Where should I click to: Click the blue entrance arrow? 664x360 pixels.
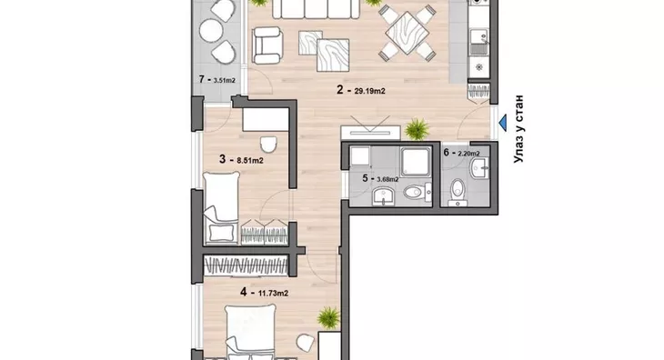pyautogui.click(x=503, y=123)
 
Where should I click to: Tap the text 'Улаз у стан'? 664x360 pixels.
pyautogui.click(x=518, y=129)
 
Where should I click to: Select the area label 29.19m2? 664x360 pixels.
pyautogui.click(x=369, y=91)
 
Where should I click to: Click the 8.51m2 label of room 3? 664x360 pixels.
pyautogui.click(x=250, y=160)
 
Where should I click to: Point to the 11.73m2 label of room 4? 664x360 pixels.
pyautogui.click(x=273, y=293)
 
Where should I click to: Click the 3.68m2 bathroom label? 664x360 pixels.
pyautogui.click(x=387, y=179)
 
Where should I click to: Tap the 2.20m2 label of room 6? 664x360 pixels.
pyautogui.click(x=468, y=153)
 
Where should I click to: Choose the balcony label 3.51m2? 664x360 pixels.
pyautogui.click(x=225, y=80)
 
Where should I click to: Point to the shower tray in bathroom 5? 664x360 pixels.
pyautogui.click(x=416, y=162)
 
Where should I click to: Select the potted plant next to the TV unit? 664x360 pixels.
pyautogui.click(x=417, y=128)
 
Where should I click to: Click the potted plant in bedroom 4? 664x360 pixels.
pyautogui.click(x=328, y=317)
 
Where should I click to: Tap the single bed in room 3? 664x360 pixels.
pyautogui.click(x=221, y=207)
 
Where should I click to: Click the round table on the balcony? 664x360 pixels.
pyautogui.click(x=211, y=31)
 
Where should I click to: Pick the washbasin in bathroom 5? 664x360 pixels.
pyautogui.click(x=384, y=196)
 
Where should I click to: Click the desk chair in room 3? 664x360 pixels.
pyautogui.click(x=268, y=145)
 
